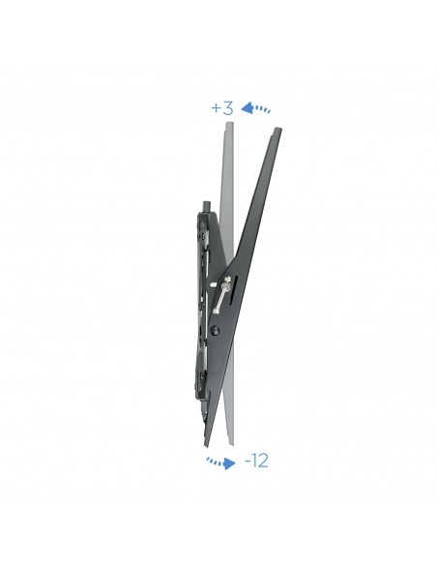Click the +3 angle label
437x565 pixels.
(x=222, y=108)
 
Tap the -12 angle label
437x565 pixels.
(x=255, y=461)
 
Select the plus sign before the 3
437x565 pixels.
(x=216, y=109)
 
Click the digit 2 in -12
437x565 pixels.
(x=263, y=461)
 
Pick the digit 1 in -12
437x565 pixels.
(x=253, y=461)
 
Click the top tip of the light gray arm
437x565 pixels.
(x=227, y=125)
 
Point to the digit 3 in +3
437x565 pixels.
(x=228, y=108)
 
